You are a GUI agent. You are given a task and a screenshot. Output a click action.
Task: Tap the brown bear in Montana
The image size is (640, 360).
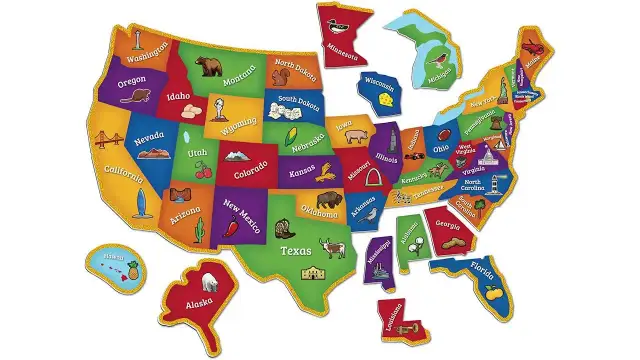pos(210,67)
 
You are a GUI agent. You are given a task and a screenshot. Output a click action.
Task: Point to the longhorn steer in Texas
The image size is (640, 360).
pos(332,246)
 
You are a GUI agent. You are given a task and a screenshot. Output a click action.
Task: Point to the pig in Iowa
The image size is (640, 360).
pos(357,137)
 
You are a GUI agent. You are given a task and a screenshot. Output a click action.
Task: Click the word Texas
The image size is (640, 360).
pos(296,251)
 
